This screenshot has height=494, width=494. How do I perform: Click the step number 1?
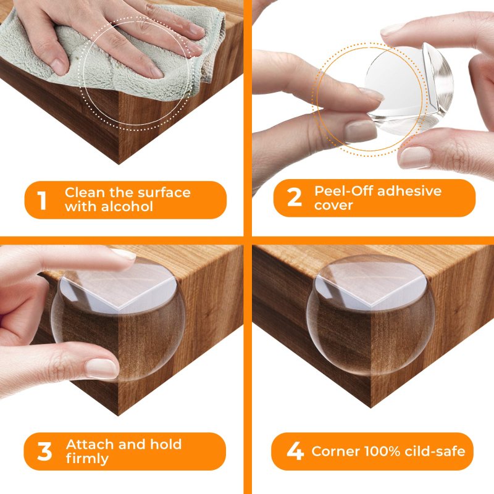coord(42,200)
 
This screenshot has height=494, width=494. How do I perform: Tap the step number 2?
coord(295,198)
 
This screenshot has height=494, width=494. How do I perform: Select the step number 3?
coord(44,451)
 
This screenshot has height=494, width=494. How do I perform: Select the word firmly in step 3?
coord(87,459)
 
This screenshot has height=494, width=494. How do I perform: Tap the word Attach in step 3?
coord(88,444)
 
